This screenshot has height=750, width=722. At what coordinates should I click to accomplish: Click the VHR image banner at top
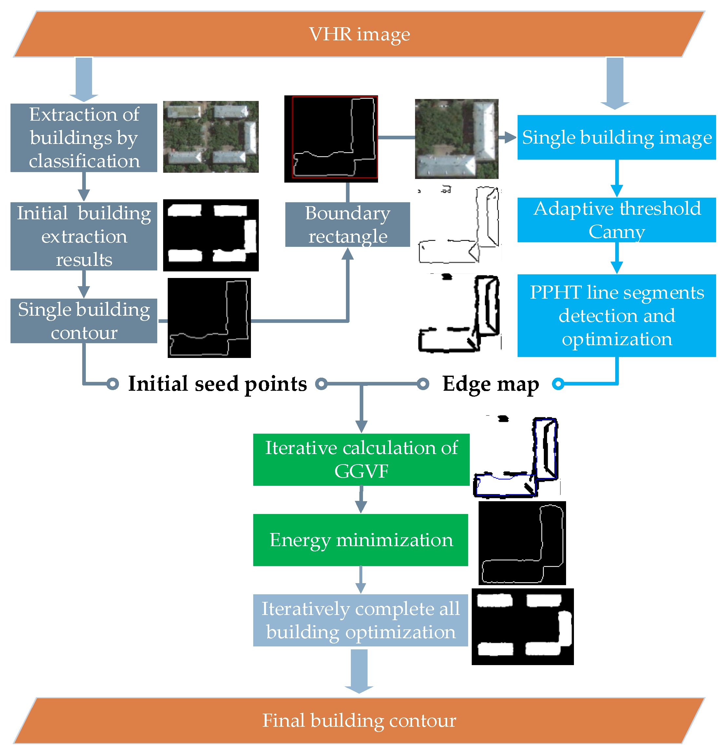click(x=359, y=34)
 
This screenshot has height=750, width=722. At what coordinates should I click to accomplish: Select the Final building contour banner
click(x=359, y=720)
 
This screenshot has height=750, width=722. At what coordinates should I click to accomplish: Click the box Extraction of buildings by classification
click(x=84, y=138)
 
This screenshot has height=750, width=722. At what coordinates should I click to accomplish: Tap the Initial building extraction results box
click(x=84, y=236)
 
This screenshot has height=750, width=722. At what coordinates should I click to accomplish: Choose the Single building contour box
click(x=84, y=321)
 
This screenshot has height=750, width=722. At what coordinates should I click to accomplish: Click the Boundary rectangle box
click(x=348, y=225)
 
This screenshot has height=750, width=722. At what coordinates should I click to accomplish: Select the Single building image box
click(x=617, y=137)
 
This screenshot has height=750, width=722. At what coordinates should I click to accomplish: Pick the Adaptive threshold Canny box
click(x=617, y=220)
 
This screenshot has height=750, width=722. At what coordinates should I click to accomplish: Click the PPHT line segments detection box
click(x=617, y=316)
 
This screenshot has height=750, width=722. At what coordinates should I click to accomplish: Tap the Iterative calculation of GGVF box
click(x=361, y=460)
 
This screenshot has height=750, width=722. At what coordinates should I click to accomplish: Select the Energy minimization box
click(x=361, y=540)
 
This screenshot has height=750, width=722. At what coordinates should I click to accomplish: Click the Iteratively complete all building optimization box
click(x=361, y=620)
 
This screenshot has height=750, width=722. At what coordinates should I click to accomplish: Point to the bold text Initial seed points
click(x=217, y=384)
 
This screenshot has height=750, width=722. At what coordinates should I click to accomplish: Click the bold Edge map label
click(x=491, y=384)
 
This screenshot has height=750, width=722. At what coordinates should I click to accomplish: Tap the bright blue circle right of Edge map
click(x=558, y=384)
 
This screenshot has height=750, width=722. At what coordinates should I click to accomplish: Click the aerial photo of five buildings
click(x=211, y=137)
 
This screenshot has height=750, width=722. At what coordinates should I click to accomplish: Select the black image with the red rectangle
click(x=331, y=139)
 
